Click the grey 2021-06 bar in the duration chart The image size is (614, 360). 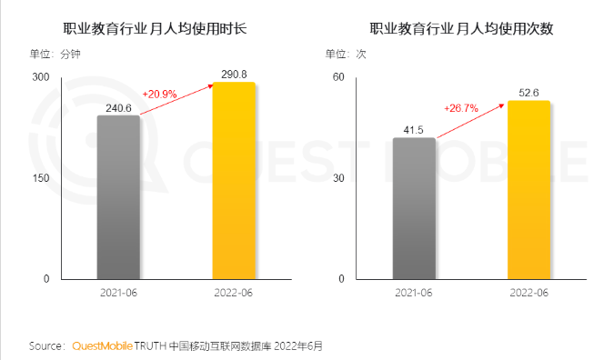[x=118, y=196]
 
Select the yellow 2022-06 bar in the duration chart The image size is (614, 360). [x=234, y=180]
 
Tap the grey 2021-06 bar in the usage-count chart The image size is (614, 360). [x=414, y=208]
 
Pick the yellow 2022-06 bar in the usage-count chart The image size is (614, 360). [x=528, y=189]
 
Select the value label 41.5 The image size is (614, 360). [x=414, y=130]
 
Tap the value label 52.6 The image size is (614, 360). [x=528, y=92]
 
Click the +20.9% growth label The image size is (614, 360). [x=160, y=93]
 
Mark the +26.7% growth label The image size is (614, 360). [x=461, y=107]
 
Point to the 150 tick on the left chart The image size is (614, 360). [x=40, y=178]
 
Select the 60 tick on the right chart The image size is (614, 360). [x=337, y=77]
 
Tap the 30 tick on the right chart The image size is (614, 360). [x=337, y=178]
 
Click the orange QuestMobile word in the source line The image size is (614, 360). [x=101, y=346]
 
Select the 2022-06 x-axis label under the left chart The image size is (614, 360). [x=234, y=293]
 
